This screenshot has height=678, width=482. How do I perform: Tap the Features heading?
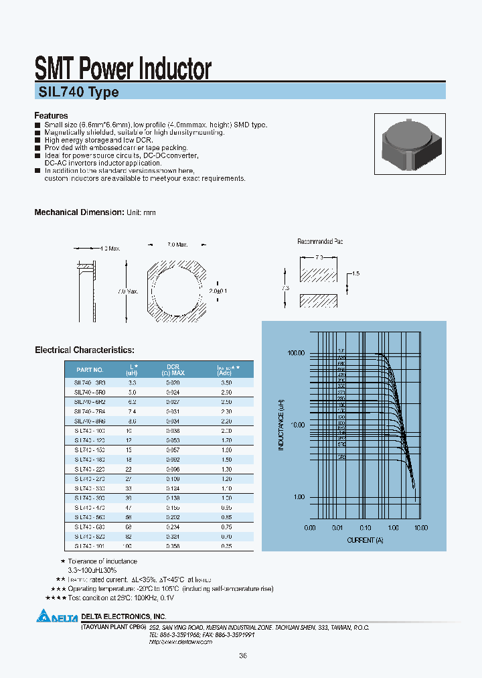tap(52, 116)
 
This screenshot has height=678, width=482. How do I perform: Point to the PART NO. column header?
tap(90, 370)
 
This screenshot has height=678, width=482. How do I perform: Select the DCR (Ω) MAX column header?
tap(173, 370)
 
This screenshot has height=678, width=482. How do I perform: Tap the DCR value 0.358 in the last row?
tap(173, 547)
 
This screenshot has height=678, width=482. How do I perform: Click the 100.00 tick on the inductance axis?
tap(295, 353)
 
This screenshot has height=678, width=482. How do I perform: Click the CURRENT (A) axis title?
tap(366, 539)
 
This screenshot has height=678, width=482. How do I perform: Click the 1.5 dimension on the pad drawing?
tap(355, 274)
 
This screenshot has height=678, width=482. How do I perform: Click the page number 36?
tap(242, 657)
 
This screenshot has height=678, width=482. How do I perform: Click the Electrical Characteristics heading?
tap(84, 350)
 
